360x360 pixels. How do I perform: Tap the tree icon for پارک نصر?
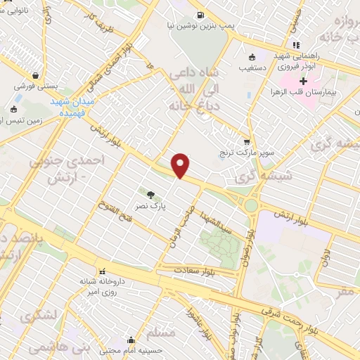(x=150, y=193)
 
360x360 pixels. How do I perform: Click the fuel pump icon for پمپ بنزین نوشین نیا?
(x=201, y=14)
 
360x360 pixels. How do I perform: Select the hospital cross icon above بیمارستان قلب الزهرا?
(x=303, y=81)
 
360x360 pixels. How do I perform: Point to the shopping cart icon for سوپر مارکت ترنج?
(x=245, y=141)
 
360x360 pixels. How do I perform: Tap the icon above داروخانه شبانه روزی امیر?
(x=103, y=271)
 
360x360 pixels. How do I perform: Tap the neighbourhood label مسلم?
(x=162, y=331)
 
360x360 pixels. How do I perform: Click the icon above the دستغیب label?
(x=252, y=58)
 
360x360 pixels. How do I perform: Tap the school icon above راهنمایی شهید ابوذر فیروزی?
(x=296, y=46)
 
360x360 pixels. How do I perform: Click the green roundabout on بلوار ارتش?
(x=250, y=205)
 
